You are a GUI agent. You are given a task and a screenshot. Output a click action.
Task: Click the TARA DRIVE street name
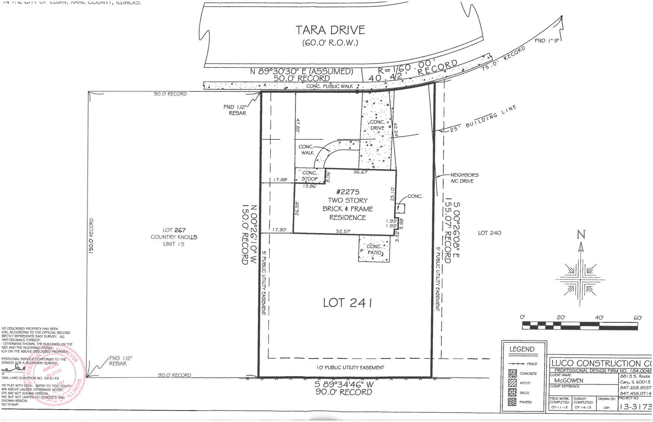[330, 30]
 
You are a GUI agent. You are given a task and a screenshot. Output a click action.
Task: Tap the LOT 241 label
[347, 303]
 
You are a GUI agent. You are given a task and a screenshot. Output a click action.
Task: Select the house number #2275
[347, 192]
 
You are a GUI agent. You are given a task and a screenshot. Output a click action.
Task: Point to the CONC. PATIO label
[374, 250]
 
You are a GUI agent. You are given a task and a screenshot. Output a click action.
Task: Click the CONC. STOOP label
[309, 176]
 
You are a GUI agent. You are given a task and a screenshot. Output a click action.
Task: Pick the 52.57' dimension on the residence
[343, 231]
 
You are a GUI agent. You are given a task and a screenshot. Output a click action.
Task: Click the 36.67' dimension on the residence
[360, 172]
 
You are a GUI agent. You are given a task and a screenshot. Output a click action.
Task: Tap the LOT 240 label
[489, 233]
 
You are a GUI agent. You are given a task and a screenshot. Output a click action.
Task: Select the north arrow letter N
[581, 234]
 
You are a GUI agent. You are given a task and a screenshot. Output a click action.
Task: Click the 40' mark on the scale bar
[599, 318]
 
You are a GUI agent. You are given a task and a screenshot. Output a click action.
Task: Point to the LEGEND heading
[522, 349]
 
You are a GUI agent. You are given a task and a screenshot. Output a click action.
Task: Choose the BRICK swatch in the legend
[512, 392]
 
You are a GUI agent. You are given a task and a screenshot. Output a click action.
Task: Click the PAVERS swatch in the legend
[512, 402]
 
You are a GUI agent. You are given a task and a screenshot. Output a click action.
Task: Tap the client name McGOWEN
[568, 381]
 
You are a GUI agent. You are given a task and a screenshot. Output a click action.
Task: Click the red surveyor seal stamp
[59, 375]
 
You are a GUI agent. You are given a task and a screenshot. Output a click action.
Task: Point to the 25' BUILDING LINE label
[483, 118]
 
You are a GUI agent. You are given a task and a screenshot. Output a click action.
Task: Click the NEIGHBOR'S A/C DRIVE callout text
[464, 178]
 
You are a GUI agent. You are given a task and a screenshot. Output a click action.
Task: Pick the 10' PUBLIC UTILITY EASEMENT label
[350, 368]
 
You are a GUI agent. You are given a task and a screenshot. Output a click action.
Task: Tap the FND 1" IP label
[547, 41]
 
